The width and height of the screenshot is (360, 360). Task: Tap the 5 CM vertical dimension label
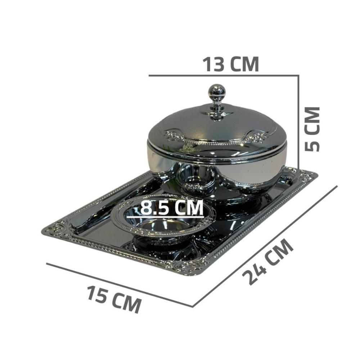(312, 129)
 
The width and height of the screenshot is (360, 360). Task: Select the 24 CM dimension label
(268, 261)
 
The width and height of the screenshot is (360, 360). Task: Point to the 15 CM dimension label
(114, 299)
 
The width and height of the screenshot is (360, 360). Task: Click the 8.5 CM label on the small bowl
(172, 207)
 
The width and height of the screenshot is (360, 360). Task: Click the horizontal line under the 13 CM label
(224, 75)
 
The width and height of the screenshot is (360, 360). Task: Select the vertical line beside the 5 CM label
(298, 122)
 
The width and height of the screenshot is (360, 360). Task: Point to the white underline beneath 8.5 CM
(165, 217)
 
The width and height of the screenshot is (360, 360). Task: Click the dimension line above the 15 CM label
(120, 285)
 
